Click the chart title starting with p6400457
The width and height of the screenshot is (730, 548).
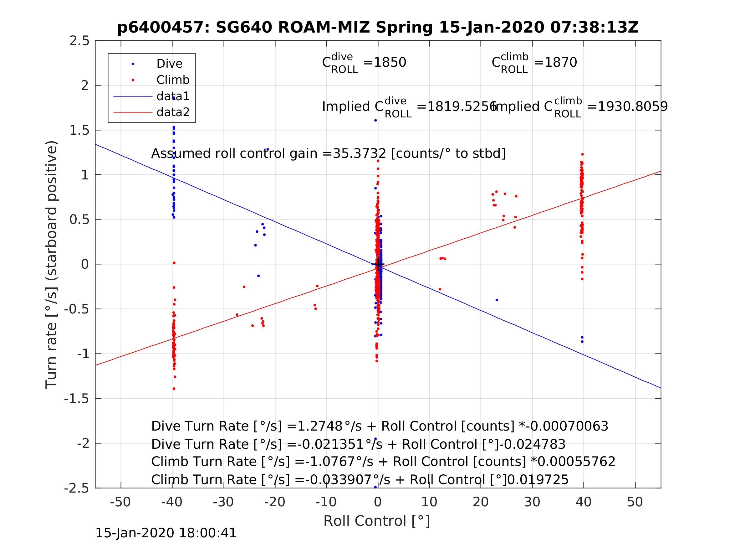[x=378, y=28]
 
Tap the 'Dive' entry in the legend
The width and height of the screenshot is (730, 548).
[x=169, y=64]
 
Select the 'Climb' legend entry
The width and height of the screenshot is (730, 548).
[x=173, y=80]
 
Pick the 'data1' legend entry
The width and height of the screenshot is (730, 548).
[x=173, y=96]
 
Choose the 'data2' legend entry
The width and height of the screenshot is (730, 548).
[x=173, y=112]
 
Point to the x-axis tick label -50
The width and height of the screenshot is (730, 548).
[x=120, y=502]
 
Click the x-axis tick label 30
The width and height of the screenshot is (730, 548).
[x=532, y=502]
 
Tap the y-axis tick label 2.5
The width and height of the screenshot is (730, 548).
[x=79, y=41]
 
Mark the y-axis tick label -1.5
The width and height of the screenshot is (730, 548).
[x=77, y=399]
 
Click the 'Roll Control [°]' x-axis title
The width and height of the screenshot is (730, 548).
[x=376, y=521]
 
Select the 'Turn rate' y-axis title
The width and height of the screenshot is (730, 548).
[x=52, y=265]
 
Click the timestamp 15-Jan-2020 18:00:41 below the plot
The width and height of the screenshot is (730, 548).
[x=166, y=533]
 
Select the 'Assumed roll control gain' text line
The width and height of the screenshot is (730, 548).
[x=328, y=154]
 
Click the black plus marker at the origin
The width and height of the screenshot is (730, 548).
[x=378, y=264]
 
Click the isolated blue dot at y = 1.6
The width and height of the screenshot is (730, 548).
[x=375, y=121]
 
